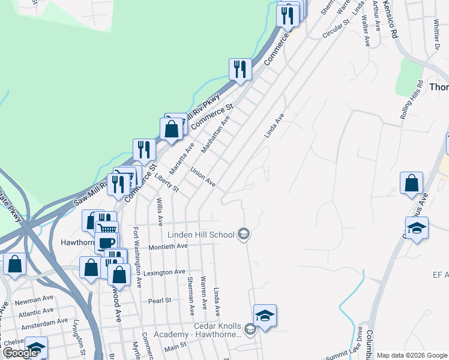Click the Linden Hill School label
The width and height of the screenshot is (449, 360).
[x=200, y=234]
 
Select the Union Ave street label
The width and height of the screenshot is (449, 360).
[x=202, y=177]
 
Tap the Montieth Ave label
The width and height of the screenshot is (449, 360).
[x=166, y=246]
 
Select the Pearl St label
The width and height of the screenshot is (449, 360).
[x=160, y=299]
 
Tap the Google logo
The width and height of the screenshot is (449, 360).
[x=20, y=353]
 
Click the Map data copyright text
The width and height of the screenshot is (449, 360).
[x=412, y=355]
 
